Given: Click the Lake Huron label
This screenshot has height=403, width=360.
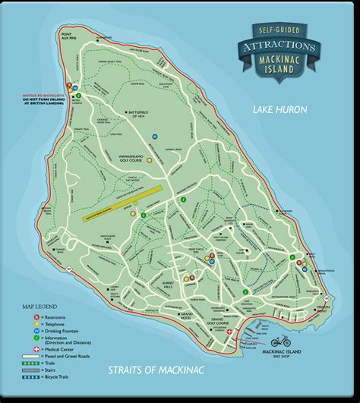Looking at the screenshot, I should pos(280,110).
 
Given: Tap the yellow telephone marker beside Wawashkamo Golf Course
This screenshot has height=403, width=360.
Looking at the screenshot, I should pos(150,160).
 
